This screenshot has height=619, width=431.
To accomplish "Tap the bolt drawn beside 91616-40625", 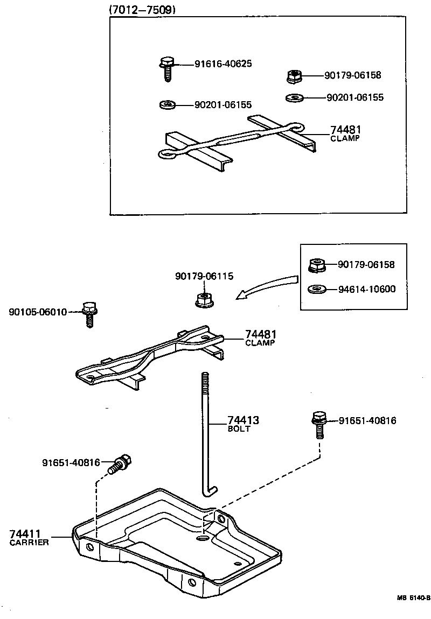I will point(166,68).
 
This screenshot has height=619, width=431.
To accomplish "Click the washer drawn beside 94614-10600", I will point(316,290).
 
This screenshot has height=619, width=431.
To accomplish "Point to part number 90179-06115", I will point(204,276).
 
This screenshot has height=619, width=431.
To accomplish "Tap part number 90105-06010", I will point(38,312).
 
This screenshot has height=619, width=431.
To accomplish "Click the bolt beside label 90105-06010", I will point(89,314).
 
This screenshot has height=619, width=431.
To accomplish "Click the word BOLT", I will point(239,429).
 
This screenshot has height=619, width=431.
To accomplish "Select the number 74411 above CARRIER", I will point(26,534).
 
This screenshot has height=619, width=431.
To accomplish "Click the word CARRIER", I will point(29,543).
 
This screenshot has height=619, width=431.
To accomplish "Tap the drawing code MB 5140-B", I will point(413,597).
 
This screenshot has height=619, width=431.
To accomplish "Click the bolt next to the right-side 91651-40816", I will point(319,423).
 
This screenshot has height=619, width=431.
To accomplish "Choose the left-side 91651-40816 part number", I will point(71,462).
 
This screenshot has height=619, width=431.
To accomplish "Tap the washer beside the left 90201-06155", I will point(168,104).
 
